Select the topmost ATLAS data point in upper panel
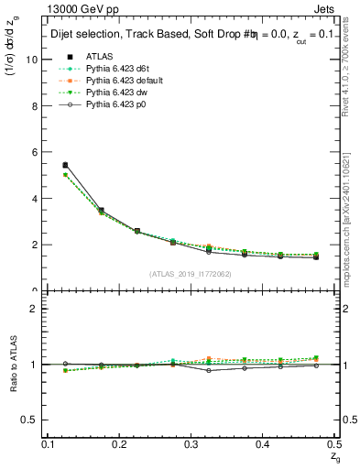pyautogui.click(x=64, y=165)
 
